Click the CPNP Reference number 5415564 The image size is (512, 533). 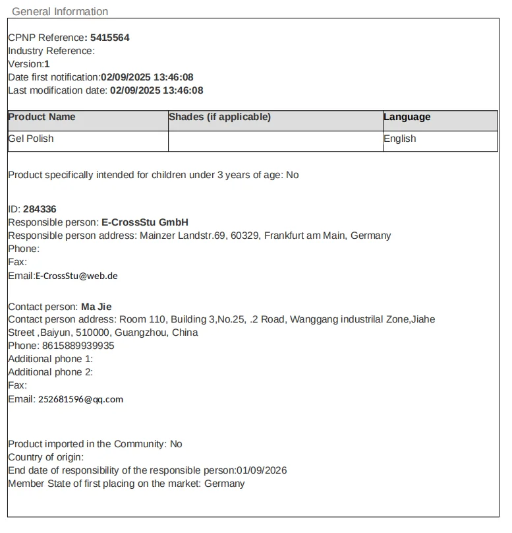click(109, 38)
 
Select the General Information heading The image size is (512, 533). click(60, 11)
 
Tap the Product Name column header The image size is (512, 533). click(42, 117)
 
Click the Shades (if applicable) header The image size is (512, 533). click(219, 117)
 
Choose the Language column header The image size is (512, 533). click(407, 117)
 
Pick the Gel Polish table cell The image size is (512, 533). click(31, 139)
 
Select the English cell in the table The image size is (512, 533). click(399, 139)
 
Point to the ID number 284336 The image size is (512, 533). click(40, 209)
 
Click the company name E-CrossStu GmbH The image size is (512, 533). click(144, 222)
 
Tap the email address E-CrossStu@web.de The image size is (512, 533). click(76, 276)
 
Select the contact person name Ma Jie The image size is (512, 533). click(96, 306)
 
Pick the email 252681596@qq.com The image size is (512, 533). click(80, 399)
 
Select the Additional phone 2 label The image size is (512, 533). click(50, 372)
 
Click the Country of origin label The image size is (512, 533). click(45, 457)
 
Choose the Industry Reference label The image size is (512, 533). click(51, 51)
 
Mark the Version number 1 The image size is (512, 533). click(47, 64)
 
